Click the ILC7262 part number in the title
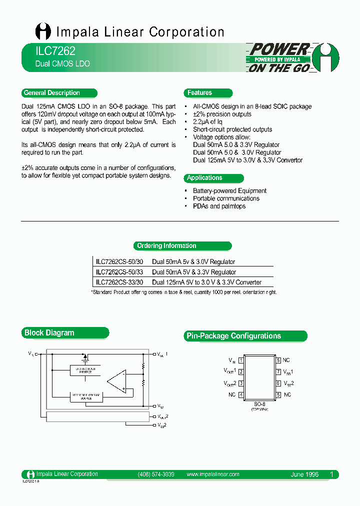[x=49, y=51]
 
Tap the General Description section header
[x=52, y=93]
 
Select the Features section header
[x=200, y=93]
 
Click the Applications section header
[x=204, y=178]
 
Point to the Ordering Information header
[x=166, y=246]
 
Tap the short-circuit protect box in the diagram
[x=85, y=370]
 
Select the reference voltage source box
[x=85, y=396]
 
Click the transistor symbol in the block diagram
[x=85, y=357]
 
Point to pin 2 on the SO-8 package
[x=241, y=372]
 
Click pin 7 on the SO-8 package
[x=278, y=372]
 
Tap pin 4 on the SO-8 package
[x=241, y=395]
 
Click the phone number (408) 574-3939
[x=155, y=474]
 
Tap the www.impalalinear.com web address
[x=212, y=474]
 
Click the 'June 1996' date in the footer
[x=304, y=474]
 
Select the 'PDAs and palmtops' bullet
[x=219, y=206]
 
